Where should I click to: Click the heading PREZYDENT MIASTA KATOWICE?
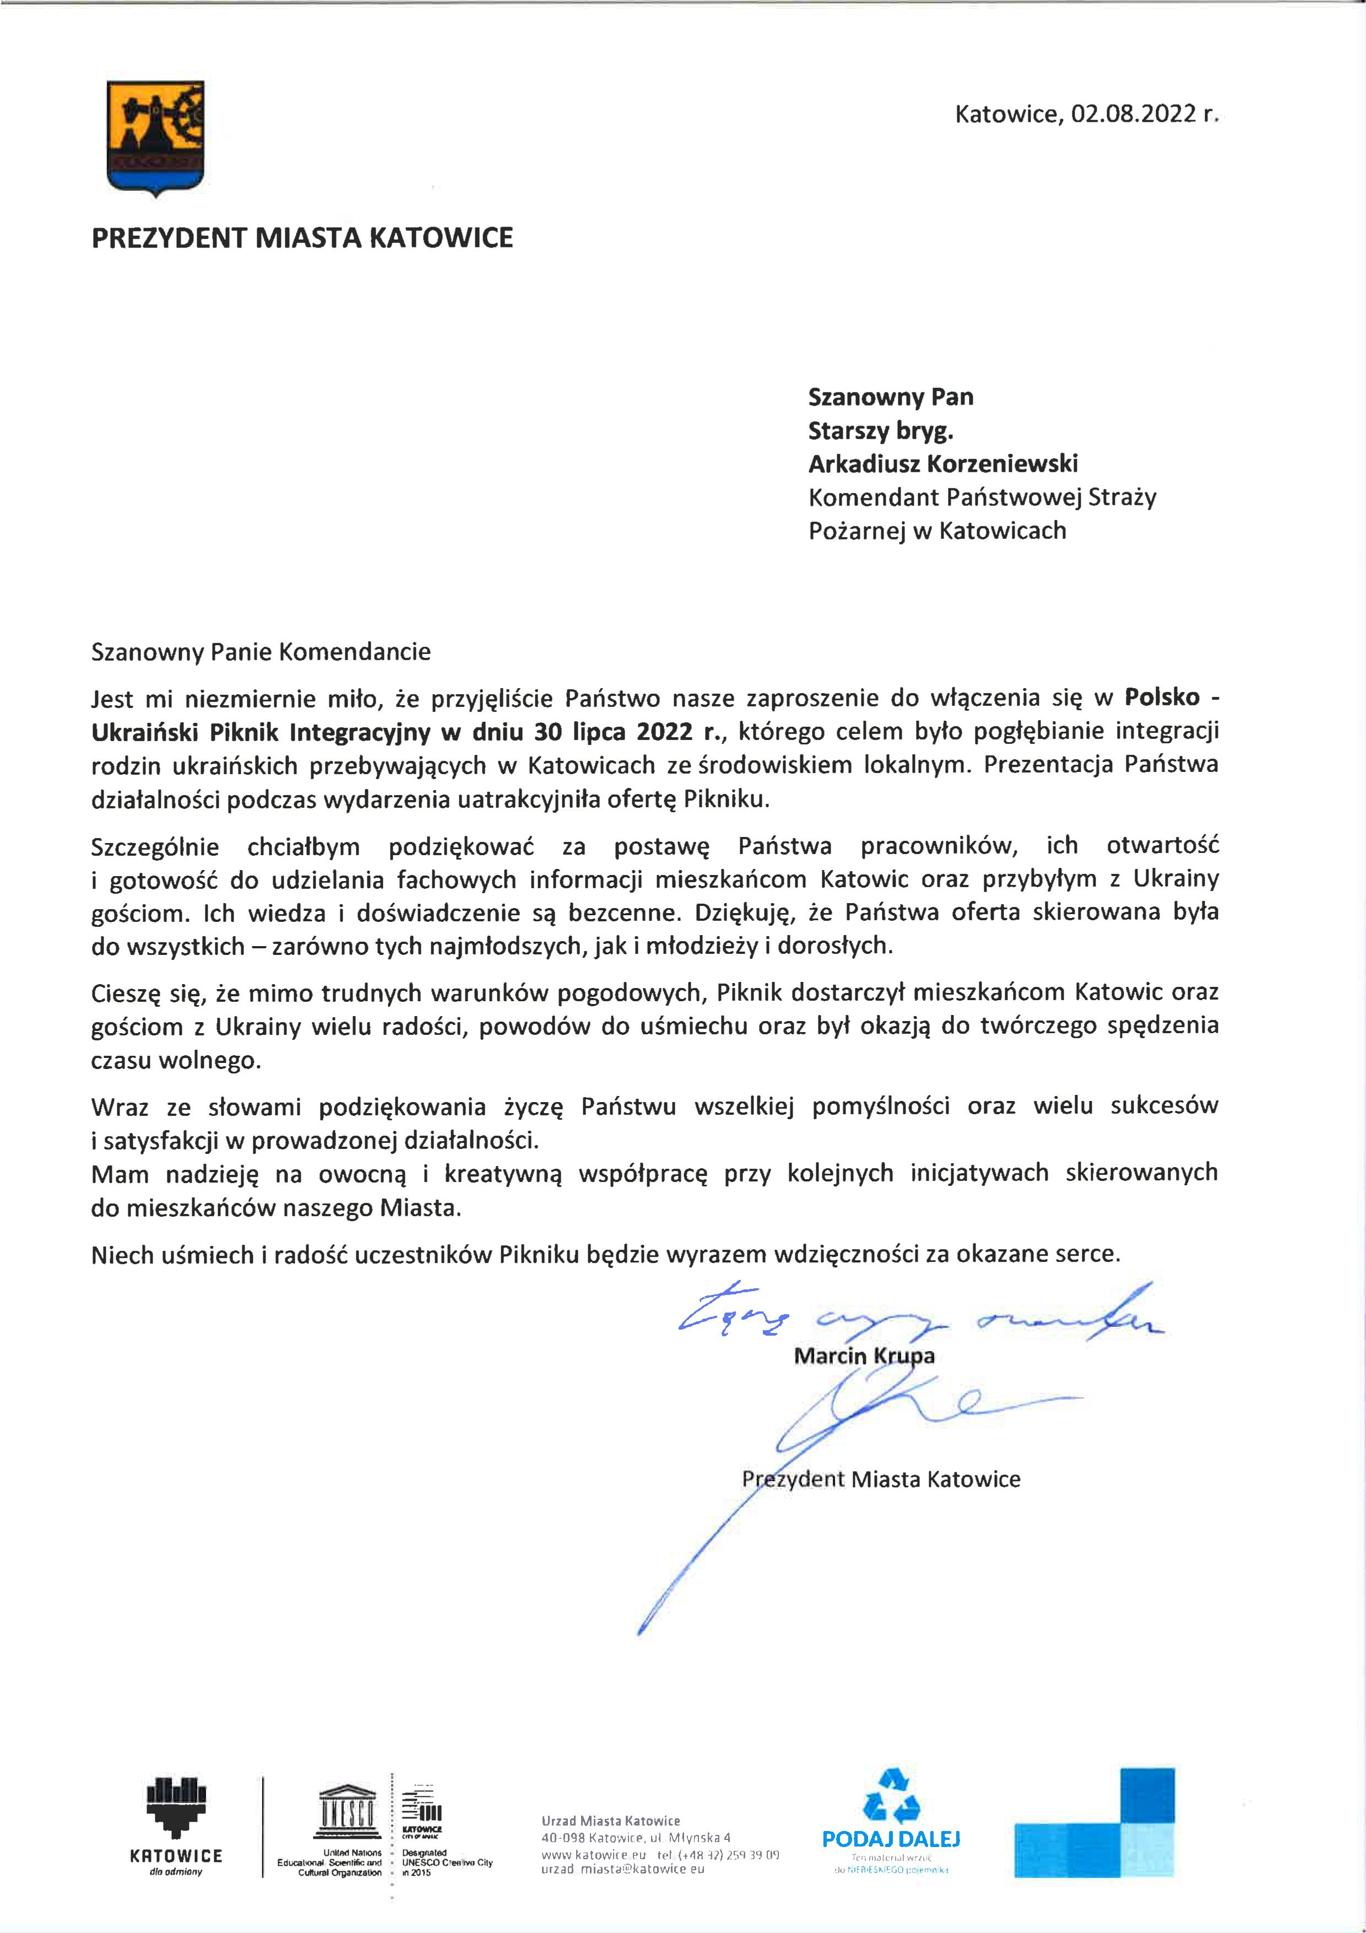(302, 238)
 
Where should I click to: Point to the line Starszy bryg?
(880, 431)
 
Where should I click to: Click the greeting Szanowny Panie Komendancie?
(261, 652)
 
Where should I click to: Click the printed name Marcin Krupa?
(864, 1356)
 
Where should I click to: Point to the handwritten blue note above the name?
(918, 1318)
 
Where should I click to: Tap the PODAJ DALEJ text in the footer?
(891, 1839)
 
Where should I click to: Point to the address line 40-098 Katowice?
(636, 1838)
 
